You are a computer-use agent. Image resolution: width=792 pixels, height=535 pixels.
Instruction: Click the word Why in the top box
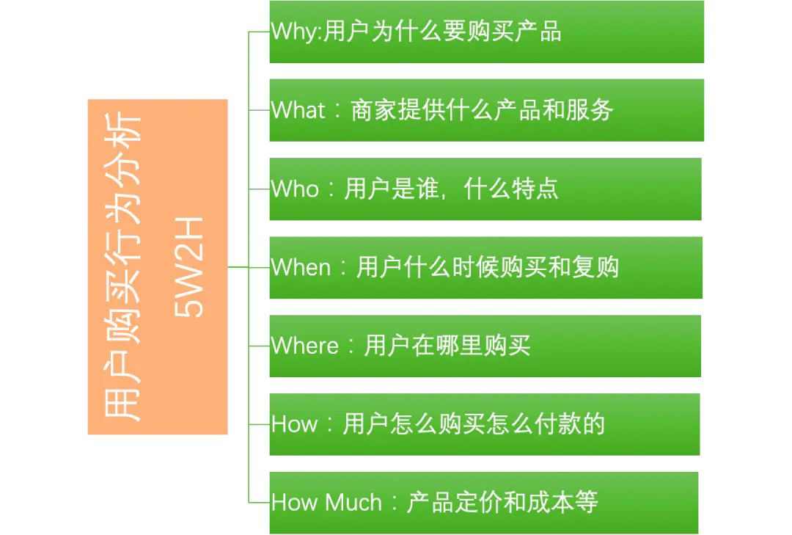295,32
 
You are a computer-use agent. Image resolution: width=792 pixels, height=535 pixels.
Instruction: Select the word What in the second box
298,110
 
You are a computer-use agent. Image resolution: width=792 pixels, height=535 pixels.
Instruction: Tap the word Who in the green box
295,189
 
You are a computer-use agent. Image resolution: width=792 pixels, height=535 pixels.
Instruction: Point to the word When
301,267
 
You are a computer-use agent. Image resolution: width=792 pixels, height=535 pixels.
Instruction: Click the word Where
304,346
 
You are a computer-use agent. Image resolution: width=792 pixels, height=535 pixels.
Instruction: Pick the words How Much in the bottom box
326,503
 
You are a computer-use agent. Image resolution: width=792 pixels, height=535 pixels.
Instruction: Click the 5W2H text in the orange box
188,267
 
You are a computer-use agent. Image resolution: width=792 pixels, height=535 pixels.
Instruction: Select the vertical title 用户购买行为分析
122,267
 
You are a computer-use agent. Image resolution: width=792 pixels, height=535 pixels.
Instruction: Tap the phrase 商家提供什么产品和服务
482,110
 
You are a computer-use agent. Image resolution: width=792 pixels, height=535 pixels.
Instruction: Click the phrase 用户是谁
391,189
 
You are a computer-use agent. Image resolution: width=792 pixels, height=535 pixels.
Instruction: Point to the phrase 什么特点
510,189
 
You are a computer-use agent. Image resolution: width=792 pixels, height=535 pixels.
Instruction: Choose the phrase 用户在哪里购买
447,346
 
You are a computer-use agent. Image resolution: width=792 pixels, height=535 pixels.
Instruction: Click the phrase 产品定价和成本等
502,503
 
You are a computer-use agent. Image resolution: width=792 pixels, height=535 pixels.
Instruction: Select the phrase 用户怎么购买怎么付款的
474,424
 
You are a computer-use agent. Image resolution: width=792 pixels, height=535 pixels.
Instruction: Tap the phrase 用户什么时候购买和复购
488,267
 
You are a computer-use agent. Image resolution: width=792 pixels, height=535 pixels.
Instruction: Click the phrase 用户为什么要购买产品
442,32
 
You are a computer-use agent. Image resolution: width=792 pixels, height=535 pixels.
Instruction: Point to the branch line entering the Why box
259,32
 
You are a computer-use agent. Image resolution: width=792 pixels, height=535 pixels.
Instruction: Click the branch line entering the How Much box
259,503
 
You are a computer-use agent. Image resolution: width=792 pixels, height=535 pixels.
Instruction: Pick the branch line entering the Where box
259,346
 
